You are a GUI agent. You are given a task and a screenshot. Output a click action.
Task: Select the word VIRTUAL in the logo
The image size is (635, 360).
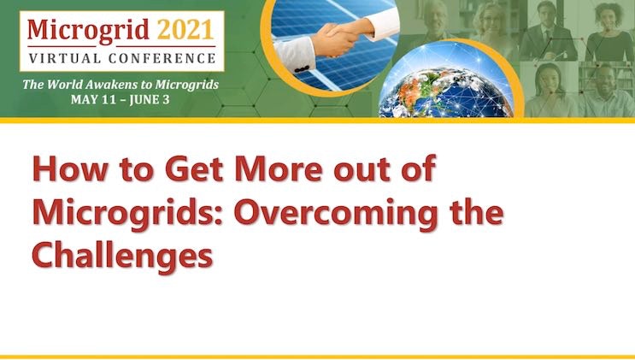click(x=64, y=58)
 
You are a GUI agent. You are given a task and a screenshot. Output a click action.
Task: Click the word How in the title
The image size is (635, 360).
click(x=69, y=168)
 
